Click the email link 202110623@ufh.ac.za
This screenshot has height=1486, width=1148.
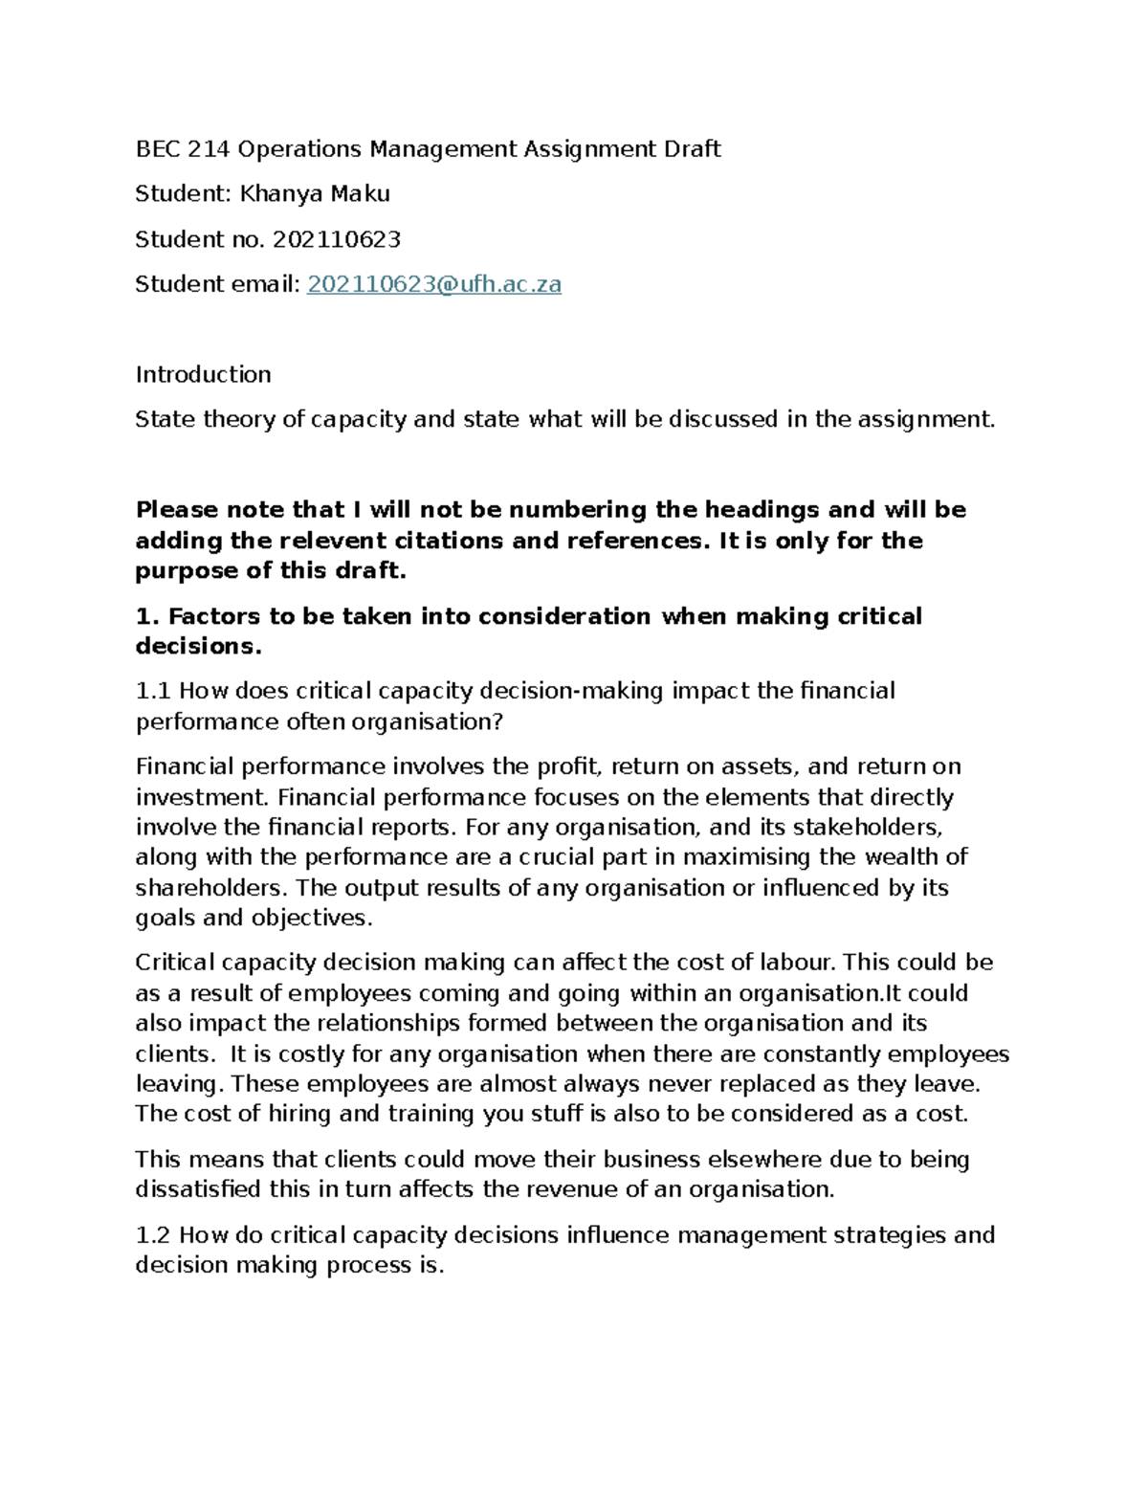433,284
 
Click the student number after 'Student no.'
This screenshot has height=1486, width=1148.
337,239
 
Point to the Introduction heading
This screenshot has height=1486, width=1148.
203,374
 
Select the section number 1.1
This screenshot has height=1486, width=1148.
154,691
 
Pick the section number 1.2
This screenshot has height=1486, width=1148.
154,1235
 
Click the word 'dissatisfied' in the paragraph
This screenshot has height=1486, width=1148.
198,1190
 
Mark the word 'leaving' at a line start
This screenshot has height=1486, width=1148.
177,1084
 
